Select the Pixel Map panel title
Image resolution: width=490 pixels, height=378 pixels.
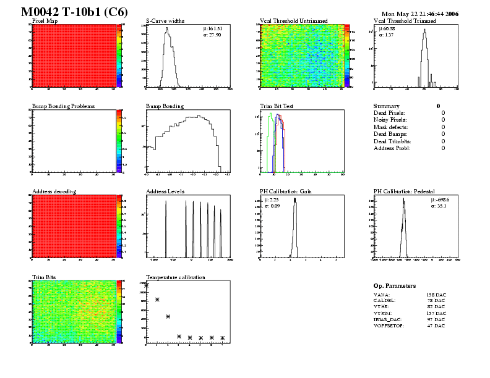pos(45,20)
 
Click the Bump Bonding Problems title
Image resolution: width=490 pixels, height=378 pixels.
pos(64,106)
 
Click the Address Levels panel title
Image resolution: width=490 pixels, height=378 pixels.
pos(165,191)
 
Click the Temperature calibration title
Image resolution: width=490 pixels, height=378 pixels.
pos(176,277)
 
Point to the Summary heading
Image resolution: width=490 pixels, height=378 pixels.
pos(387,106)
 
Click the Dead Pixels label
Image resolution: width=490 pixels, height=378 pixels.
pos(389,113)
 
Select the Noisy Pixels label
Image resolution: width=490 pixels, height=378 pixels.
pos(390,120)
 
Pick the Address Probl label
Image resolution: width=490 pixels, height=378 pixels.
pos(391,148)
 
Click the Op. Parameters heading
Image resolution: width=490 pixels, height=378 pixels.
pos(395,286)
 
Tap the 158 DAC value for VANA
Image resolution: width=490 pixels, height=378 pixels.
pos(436,296)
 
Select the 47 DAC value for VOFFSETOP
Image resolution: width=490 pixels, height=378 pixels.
pos(436,325)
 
